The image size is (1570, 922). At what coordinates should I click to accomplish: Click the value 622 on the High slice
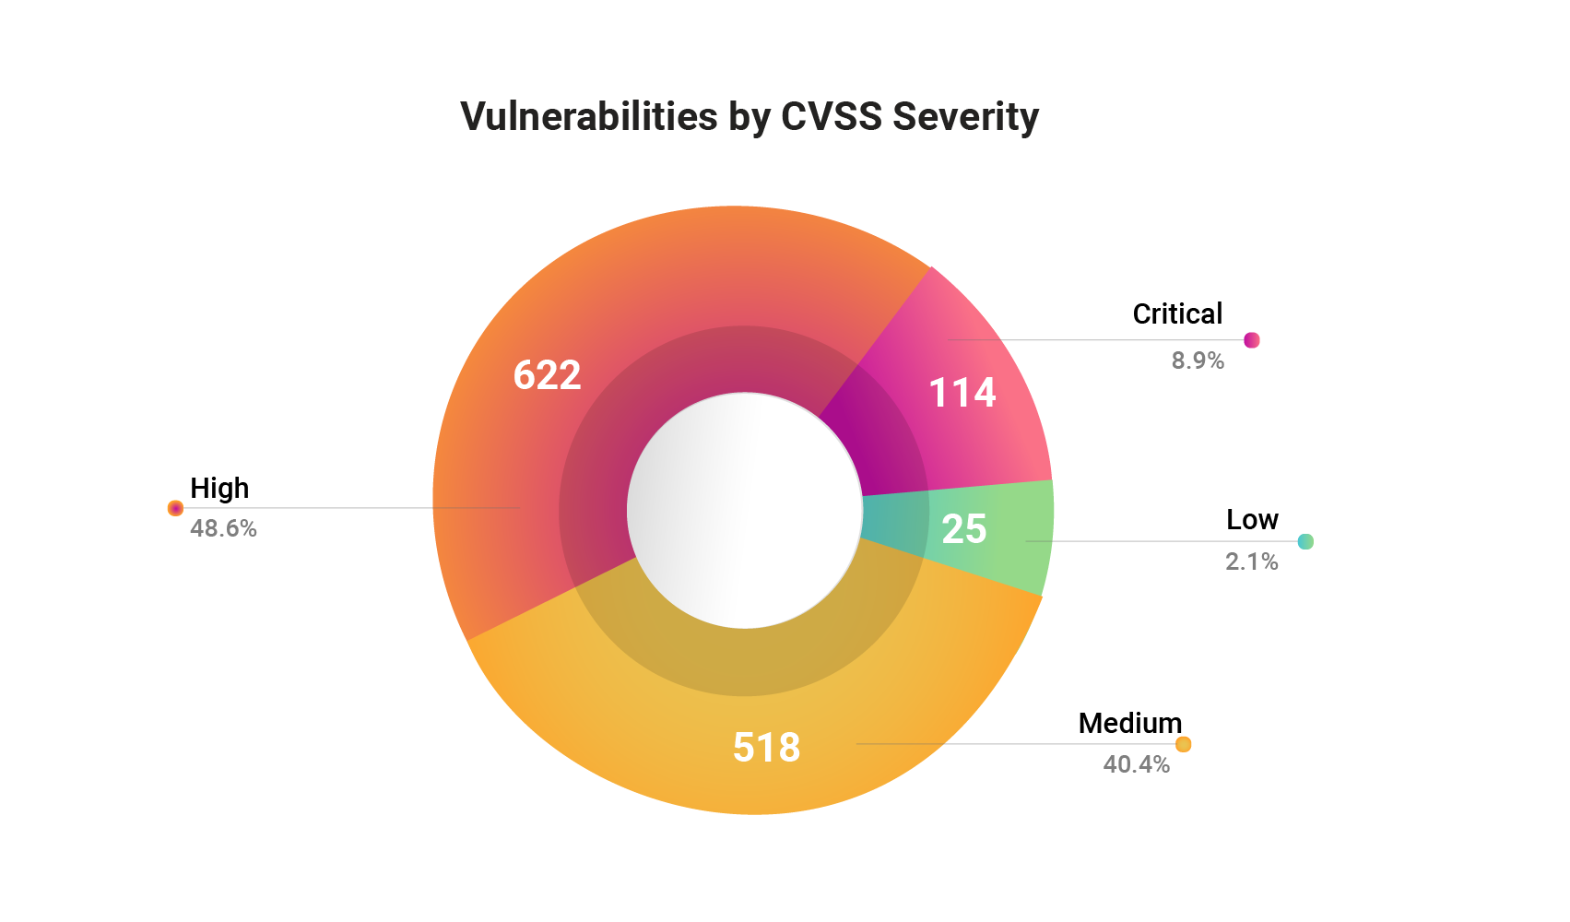pos(547,375)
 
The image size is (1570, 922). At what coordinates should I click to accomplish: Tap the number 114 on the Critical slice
pos(962,393)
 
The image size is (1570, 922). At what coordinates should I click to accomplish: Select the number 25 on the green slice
pos(963,529)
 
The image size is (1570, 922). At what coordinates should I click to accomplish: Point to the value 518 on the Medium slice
pos(766,747)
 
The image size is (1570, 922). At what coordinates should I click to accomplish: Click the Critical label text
pos(1176,314)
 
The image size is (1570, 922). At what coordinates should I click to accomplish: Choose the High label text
pos(219,488)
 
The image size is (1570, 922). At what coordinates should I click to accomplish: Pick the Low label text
pos(1251,520)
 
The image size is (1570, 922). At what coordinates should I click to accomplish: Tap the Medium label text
pos(1129,724)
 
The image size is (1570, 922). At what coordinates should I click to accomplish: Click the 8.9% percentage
pos(1197,361)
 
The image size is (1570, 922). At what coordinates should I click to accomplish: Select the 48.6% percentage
pos(223,529)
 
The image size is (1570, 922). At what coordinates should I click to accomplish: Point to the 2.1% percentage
pos(1251,562)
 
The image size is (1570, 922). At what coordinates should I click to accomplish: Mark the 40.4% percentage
pos(1136,765)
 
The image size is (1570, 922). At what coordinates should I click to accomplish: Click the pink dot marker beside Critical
pos(1251,340)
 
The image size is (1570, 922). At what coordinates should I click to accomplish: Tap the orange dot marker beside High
pos(175,508)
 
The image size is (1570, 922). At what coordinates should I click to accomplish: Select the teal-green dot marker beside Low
pos(1304,541)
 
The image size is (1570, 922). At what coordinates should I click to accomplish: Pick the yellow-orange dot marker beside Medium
pos(1183,744)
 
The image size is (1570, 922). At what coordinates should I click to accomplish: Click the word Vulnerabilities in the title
pos(588,117)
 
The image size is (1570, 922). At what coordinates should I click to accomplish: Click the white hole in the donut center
pos(745,510)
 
